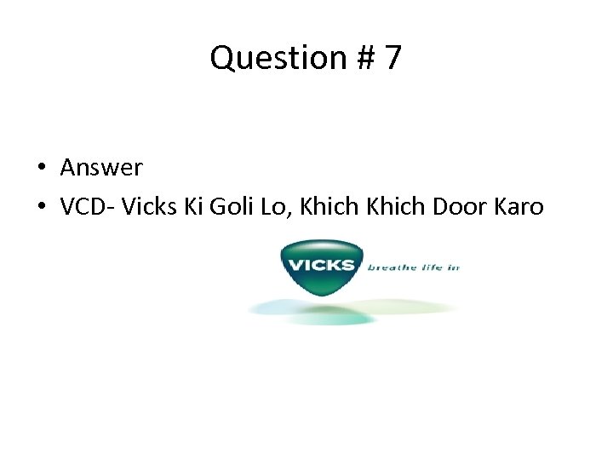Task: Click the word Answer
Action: [x=101, y=168]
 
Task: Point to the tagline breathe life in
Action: [x=413, y=267]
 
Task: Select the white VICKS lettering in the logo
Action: [x=321, y=264]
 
